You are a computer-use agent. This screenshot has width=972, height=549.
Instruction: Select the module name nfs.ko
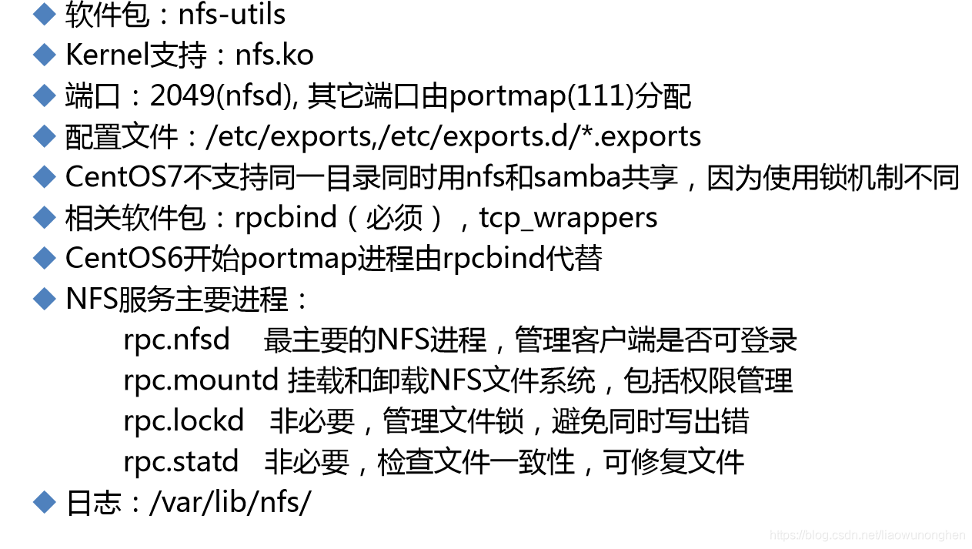point(274,55)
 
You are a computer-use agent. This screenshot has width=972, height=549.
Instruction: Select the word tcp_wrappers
point(568,218)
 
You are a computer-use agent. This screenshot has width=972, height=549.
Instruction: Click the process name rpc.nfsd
point(176,340)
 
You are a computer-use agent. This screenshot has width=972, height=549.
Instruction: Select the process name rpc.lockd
point(183,421)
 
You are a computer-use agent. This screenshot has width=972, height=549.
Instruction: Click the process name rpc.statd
point(181,462)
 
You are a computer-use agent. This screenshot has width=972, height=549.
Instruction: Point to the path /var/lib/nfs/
point(229,503)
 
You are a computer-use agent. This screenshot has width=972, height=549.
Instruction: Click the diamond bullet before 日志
point(45,503)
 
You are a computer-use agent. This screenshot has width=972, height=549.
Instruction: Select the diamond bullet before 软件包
point(45,15)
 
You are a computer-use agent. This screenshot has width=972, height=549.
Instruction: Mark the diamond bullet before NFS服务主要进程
point(45,299)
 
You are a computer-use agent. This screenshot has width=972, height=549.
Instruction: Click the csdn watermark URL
point(867,535)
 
